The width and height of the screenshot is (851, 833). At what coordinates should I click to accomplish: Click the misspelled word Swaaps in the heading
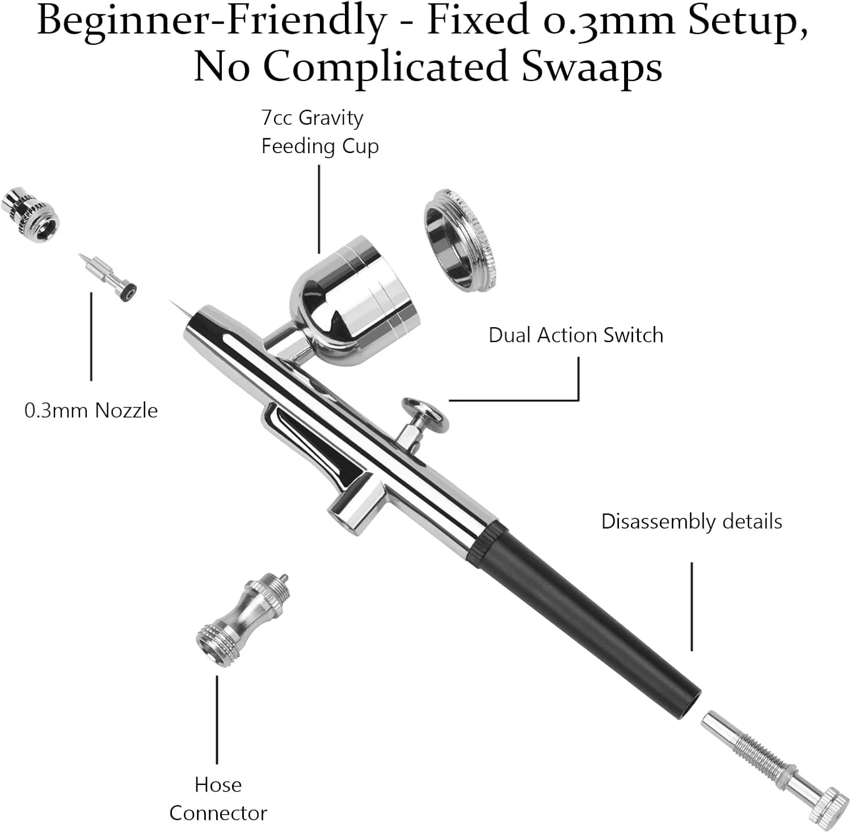point(591,66)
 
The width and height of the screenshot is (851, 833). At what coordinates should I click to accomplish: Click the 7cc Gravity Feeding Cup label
point(319,132)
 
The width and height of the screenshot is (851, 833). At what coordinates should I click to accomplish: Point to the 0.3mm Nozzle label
point(91,410)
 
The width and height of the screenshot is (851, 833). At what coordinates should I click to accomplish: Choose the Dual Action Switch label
point(575,335)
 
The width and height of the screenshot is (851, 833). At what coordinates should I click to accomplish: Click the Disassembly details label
point(691,521)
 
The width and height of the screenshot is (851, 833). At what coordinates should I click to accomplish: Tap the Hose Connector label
point(218,798)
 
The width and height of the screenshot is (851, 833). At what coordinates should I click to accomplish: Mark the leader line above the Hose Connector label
point(217,719)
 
